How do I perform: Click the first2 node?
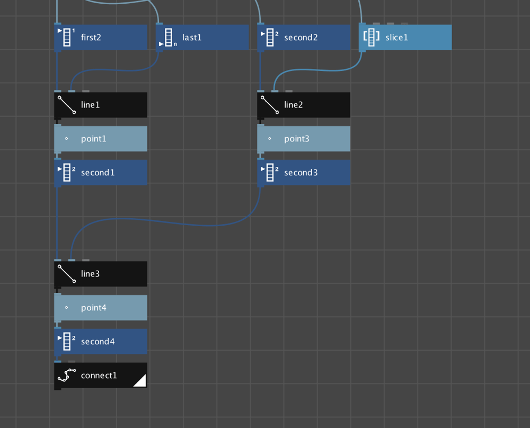click(101, 38)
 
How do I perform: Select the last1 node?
click(202, 38)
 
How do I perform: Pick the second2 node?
click(304, 38)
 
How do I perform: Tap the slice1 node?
click(405, 38)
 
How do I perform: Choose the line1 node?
click(101, 105)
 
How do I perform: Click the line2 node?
click(304, 105)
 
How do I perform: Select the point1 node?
click(101, 139)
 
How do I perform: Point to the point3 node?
click(304, 139)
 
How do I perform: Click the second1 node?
click(101, 173)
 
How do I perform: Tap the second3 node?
click(304, 173)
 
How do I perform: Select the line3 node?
click(101, 274)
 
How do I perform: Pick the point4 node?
click(101, 308)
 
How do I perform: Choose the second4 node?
click(101, 342)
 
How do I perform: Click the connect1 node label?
click(99, 376)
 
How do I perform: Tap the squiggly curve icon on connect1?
click(67, 376)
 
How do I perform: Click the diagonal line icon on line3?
click(67, 274)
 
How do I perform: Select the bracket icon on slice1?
click(371, 37)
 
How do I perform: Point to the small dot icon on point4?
click(67, 308)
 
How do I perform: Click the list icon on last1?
click(169, 38)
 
